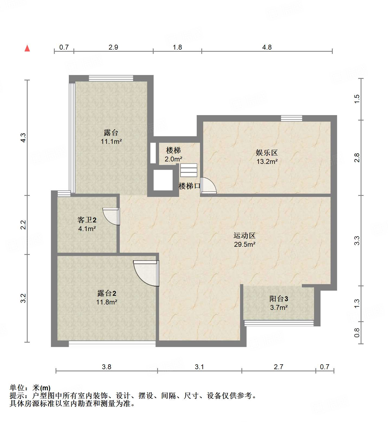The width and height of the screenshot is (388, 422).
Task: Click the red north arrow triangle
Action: [x=27, y=48]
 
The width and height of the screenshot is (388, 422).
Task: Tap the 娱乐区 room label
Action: [x=267, y=153]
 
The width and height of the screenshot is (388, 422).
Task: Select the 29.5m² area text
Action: [x=245, y=244]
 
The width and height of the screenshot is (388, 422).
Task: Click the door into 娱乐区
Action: [x=208, y=186]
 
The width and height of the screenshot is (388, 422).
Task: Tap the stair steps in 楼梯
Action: [x=189, y=170]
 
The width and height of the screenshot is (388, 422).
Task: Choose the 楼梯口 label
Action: [x=189, y=186]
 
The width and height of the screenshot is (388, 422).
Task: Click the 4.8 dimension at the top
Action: [x=267, y=47]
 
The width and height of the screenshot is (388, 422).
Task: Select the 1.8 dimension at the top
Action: [x=177, y=47]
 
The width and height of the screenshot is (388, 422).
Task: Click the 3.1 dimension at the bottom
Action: [x=199, y=367]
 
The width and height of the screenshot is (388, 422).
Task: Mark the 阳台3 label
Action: [x=279, y=299]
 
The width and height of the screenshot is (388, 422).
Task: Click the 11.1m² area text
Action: [x=111, y=141]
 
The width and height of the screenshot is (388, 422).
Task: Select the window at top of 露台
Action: [x=111, y=78]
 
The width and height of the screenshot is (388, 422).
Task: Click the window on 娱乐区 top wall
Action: [x=292, y=118]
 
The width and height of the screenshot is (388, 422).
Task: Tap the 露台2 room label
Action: [x=107, y=293]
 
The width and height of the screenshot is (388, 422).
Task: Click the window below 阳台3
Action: [x=279, y=323]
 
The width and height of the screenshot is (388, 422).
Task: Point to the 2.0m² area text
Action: [x=173, y=159]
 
